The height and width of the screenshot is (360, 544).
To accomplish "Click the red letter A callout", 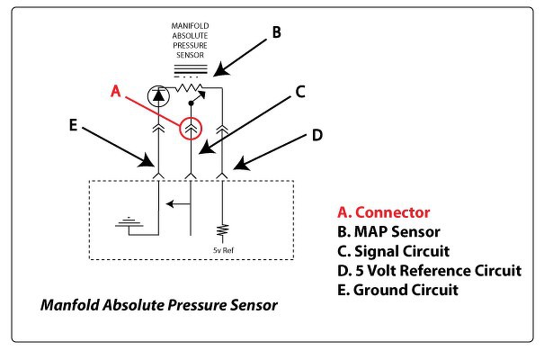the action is coord(115,91).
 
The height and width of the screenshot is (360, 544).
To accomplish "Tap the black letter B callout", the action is coord(276,31).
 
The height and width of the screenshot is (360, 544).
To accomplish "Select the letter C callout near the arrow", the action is coord(300,92).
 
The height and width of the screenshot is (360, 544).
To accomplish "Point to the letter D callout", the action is coord(317,135).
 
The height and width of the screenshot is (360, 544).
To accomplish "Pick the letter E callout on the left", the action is coord(73,125).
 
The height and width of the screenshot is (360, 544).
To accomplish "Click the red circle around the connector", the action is coord(191,118).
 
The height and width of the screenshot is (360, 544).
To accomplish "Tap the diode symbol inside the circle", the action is coord(158,95).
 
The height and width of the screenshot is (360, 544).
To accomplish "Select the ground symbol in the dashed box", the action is coord(129,223).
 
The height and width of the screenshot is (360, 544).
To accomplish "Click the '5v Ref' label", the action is coord(223,250).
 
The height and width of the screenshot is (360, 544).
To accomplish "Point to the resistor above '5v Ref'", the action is coord(222,230).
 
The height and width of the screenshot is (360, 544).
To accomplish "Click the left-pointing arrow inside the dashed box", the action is coord(178,203).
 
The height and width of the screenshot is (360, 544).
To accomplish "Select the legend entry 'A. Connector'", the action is coord(384,212).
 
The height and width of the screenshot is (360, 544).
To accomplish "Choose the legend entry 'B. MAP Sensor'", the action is coord(388,231).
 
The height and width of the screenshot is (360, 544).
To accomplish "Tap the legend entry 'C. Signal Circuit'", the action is coord(393,251).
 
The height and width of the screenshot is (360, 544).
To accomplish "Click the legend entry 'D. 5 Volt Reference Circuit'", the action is coord(429,270).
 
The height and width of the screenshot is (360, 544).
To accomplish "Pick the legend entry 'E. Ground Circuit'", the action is coord(397,290).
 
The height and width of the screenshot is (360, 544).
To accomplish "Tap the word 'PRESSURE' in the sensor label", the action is coord(190,46).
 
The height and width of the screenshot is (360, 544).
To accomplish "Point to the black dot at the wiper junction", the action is coord(191,103).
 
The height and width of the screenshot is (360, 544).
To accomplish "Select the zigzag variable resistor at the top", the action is coord(189,88).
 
